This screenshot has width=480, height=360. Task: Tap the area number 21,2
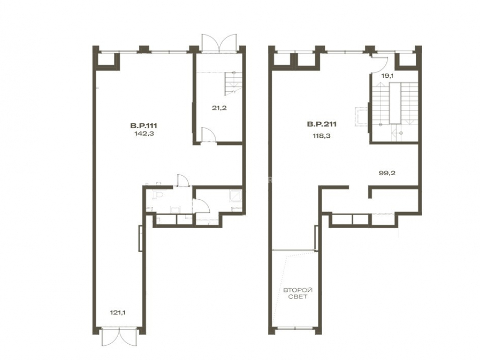pyautogui.click(x=219, y=108)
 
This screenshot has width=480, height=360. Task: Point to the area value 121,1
pyautogui.click(x=118, y=312)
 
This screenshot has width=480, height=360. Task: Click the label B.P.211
pyautogui.click(x=322, y=124)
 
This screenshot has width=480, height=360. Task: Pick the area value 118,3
pyautogui.click(x=322, y=136)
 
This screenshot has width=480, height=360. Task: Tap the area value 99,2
pyautogui.click(x=387, y=173)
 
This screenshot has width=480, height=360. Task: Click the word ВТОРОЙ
pyautogui.click(x=298, y=290)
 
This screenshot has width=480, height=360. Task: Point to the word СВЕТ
pyautogui.click(x=298, y=297)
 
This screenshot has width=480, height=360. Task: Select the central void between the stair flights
pyautogui.click(x=395, y=104)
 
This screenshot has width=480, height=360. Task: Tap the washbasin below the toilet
pyautogui.click(x=175, y=210)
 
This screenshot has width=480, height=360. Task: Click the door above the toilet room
pyautogui.click(x=183, y=180)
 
